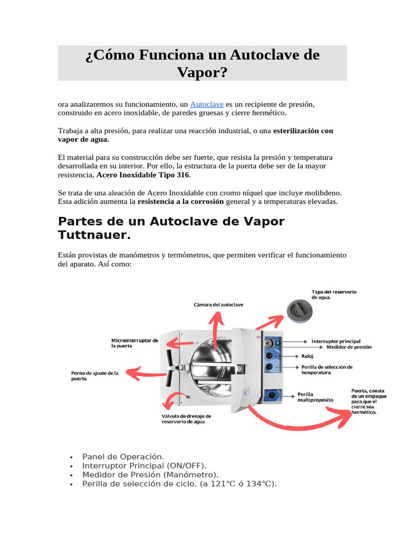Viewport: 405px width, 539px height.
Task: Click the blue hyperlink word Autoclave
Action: coord(207,105)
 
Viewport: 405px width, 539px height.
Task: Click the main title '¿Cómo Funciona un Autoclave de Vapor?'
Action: coord(202,63)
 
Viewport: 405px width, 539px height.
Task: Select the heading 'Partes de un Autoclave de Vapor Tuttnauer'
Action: coord(171,228)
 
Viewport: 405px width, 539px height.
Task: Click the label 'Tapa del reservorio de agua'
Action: coord(334,294)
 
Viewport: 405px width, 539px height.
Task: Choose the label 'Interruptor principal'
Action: coord(335,341)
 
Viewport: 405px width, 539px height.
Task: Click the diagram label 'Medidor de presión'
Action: coord(349,347)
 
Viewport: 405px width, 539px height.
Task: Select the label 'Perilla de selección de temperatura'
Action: coord(327,369)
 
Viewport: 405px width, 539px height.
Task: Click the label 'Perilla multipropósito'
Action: coord(315,396)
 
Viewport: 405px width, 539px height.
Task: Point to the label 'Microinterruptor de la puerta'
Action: coord(134,343)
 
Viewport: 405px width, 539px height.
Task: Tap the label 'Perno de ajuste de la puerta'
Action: coord(95,375)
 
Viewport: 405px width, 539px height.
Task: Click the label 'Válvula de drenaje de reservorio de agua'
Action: coord(186,418)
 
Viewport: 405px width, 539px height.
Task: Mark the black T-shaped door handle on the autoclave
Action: coord(170,367)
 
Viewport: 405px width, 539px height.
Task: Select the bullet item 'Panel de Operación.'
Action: coord(123,456)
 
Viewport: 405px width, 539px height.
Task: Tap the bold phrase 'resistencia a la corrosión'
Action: coord(180,202)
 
